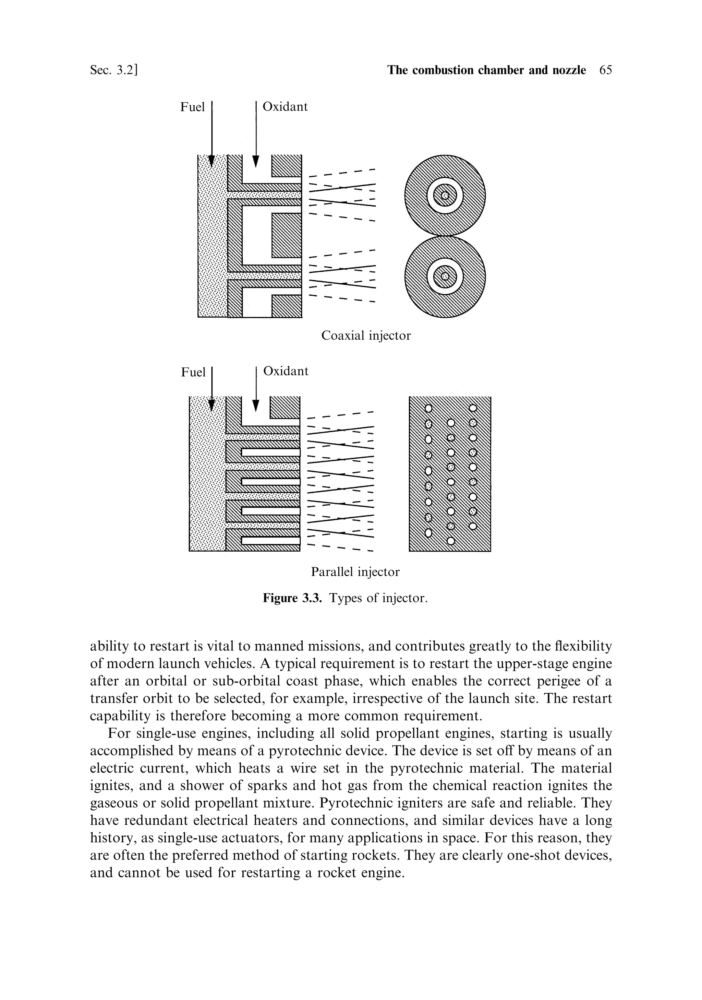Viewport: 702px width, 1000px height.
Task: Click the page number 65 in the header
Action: click(605, 71)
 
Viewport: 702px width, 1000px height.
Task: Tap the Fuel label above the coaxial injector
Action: click(192, 107)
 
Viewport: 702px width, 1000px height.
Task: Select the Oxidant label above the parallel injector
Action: click(286, 371)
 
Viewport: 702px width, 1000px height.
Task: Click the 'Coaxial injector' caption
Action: click(366, 336)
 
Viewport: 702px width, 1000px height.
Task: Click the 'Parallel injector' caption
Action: click(355, 572)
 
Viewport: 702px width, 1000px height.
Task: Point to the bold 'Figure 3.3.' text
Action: click(292, 598)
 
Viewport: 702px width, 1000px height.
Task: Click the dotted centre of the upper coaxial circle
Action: click(445, 196)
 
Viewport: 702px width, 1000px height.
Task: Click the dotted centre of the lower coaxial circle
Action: click(445, 277)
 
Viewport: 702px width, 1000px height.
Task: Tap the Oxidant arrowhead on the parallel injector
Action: click(256, 405)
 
